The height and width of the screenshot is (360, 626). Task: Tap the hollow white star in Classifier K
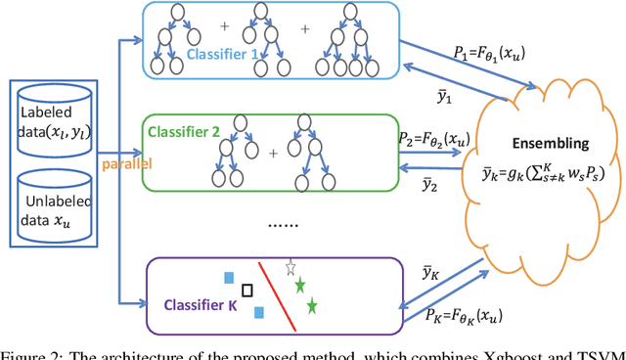[290, 266]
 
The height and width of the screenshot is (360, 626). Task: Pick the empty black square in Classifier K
[247, 290]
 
